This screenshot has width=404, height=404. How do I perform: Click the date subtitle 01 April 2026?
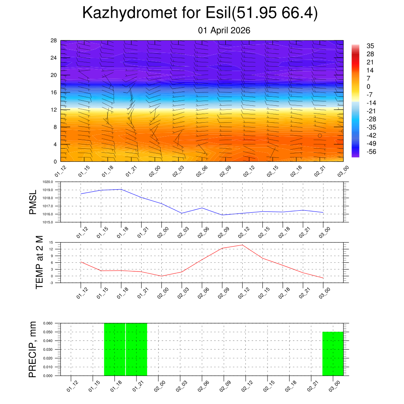pyautogui.click(x=224, y=30)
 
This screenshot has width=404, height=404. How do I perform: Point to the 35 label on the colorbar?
pyautogui.click(x=370, y=46)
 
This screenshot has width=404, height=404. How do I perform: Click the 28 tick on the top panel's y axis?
pyautogui.click(x=54, y=41)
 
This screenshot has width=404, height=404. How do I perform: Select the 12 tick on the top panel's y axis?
pyautogui.click(x=54, y=110)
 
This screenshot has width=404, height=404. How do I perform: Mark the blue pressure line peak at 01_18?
pyautogui.click(x=121, y=189)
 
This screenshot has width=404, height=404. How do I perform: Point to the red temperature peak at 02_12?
pyautogui.click(x=242, y=245)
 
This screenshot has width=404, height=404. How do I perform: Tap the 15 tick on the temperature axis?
pyautogui.click(x=51, y=242)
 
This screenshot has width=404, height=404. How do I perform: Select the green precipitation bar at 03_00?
pyautogui.click(x=333, y=353)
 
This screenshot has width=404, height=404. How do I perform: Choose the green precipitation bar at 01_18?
pyautogui.click(x=114, y=349)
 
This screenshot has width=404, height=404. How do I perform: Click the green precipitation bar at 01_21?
pyautogui.click(x=137, y=349)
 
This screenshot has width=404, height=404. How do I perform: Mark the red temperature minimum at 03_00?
pyautogui.click(x=323, y=279)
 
